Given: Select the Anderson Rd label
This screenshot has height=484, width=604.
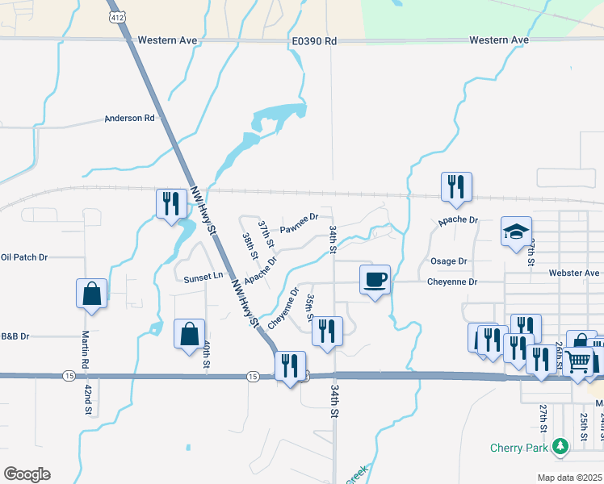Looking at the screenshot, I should [x=129, y=119].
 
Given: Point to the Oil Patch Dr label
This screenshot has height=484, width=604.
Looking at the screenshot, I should [x=24, y=257].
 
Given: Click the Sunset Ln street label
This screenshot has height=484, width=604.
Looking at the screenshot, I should [x=203, y=277].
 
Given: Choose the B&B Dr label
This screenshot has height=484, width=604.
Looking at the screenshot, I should [x=15, y=336].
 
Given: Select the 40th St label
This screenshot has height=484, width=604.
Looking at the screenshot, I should [x=207, y=355].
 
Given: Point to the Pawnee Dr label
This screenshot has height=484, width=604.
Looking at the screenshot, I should [x=300, y=223].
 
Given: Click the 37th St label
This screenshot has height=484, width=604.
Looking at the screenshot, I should [x=264, y=234].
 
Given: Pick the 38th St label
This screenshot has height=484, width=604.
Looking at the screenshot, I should [x=249, y=246].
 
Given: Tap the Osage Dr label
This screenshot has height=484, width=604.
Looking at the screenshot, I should [x=449, y=261].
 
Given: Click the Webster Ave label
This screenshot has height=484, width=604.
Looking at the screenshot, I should [x=575, y=273].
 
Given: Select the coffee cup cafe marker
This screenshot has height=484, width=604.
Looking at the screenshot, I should [x=375, y=280].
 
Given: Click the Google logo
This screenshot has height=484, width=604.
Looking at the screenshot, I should [x=27, y=474].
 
